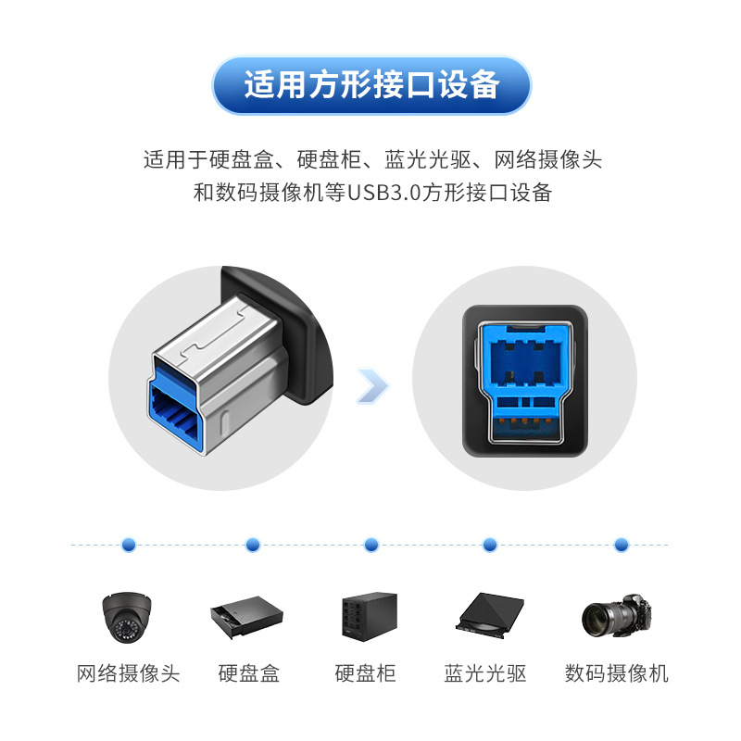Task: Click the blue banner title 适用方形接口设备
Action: click(x=371, y=85)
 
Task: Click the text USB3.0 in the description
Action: click(x=383, y=193)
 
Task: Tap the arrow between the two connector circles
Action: click(x=373, y=386)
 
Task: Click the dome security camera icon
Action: click(x=127, y=617)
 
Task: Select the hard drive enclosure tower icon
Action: click(x=369, y=616)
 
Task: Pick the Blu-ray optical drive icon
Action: click(x=490, y=615)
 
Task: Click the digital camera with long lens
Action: click(x=617, y=616)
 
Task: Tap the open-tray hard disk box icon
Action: click(x=246, y=617)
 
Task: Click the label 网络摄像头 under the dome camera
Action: click(x=129, y=673)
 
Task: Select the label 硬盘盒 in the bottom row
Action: click(x=249, y=673)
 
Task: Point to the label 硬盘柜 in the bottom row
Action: click(x=365, y=673)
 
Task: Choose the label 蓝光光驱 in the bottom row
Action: click(x=485, y=673)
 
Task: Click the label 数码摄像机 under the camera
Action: click(x=617, y=673)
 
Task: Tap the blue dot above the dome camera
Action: click(x=129, y=545)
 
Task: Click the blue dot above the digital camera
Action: click(x=622, y=545)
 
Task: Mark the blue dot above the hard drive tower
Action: click(x=371, y=545)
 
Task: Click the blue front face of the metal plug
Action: click(x=175, y=407)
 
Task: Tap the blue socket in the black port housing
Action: click(x=525, y=382)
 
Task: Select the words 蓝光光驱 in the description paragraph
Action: click(x=428, y=159)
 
